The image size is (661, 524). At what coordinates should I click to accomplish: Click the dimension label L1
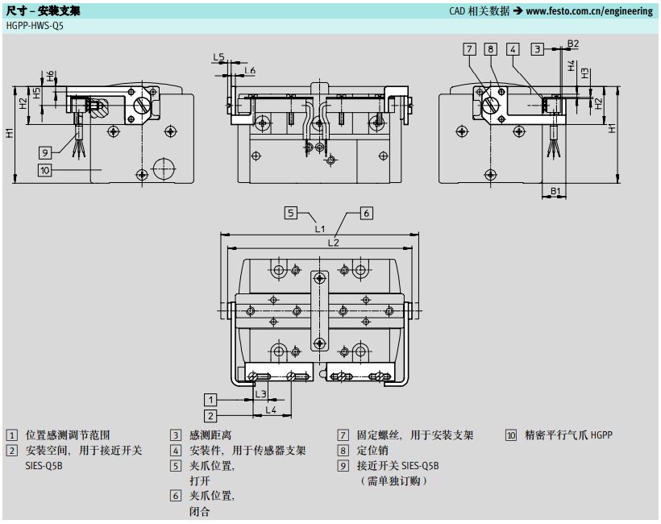coord(320,229)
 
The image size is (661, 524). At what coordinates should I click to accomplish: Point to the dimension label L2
coord(333,242)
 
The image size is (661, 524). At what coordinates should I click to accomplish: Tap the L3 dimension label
coord(260,393)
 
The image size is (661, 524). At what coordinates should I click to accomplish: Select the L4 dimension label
coord(272,410)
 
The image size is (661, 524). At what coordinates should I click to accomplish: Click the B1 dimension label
coord(555,190)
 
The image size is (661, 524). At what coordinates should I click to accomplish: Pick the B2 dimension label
coord(572,44)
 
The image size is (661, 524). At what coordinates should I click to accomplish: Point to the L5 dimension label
coord(218,57)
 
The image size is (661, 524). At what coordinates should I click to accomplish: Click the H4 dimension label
coord(572,65)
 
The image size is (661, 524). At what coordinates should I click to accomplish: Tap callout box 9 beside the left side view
coord(46,152)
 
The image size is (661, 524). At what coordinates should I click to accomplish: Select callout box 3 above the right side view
coord(537,49)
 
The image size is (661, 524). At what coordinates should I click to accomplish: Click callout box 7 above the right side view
coord(470,49)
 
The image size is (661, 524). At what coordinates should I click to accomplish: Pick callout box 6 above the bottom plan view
coord(365,213)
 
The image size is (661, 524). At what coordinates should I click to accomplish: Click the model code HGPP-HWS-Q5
coord(35,25)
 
